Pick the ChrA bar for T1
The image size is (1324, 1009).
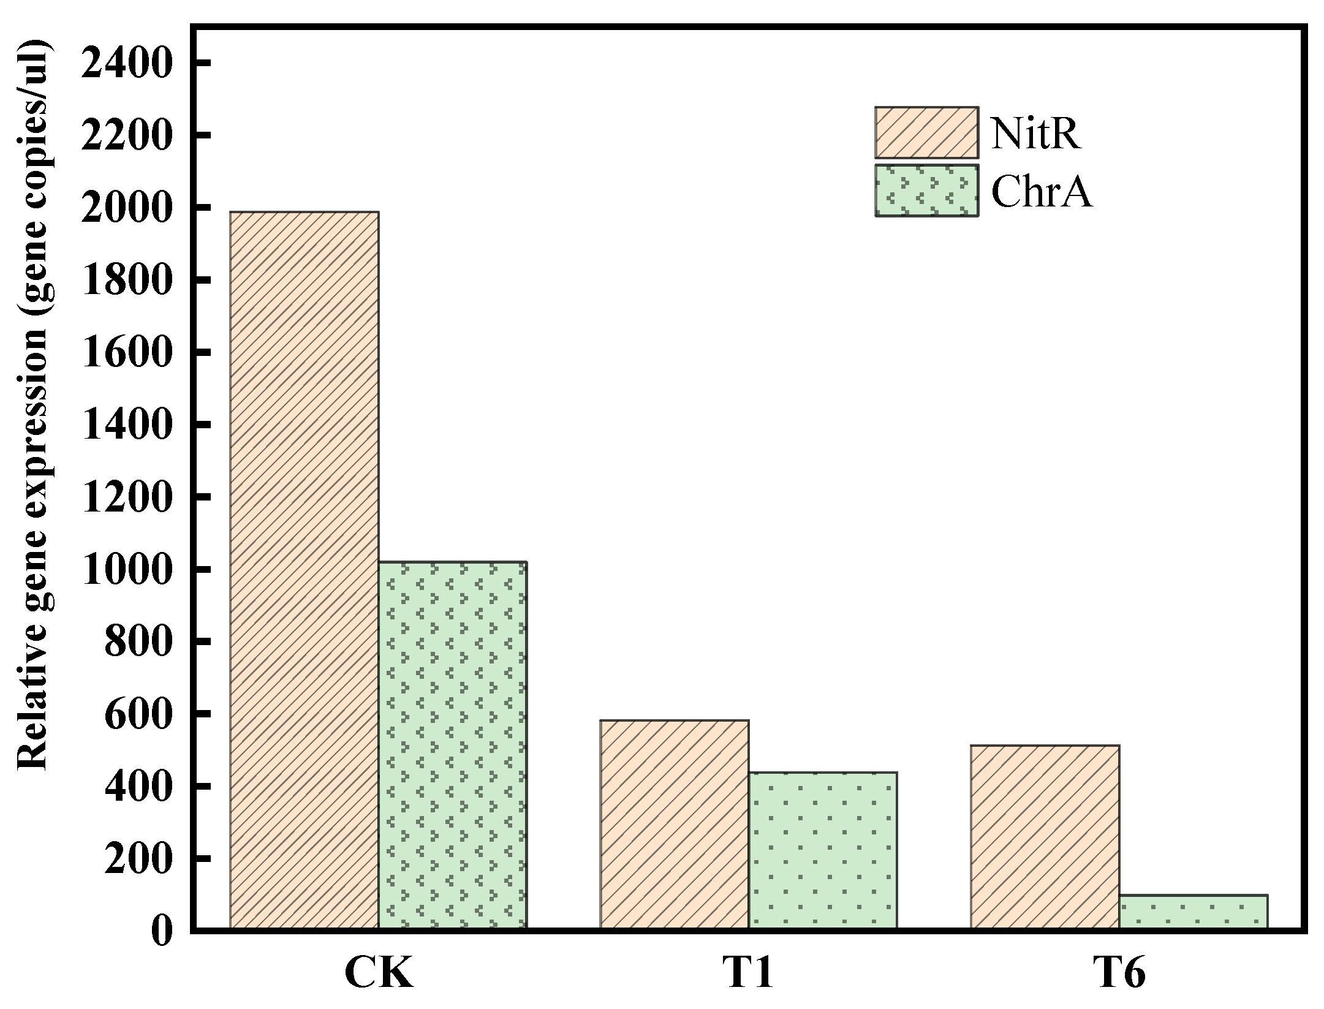pyautogui.click(x=822, y=852)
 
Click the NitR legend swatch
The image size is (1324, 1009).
pyautogui.click(x=926, y=132)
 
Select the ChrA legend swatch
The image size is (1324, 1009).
pyautogui.click(x=926, y=191)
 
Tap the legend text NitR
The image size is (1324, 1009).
pyautogui.click(x=1035, y=133)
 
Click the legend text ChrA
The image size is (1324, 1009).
pyautogui.click(x=1042, y=192)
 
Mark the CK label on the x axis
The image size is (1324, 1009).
pyautogui.click(x=379, y=972)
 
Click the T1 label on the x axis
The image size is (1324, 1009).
pyautogui.click(x=748, y=972)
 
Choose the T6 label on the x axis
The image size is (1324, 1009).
pyautogui.click(x=1119, y=972)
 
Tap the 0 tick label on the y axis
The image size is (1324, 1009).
pyautogui.click(x=162, y=931)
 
